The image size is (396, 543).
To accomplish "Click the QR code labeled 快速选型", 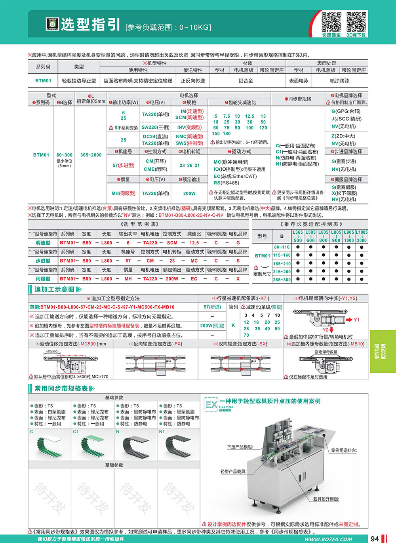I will [x=331, y=22].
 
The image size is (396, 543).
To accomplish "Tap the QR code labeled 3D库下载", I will [x=356, y=22].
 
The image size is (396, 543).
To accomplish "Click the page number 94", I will [x=375, y=538].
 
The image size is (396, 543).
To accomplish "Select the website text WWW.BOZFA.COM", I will [x=328, y=539].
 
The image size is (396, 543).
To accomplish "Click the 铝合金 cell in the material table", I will [x=246, y=81].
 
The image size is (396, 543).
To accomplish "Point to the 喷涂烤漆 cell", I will [x=339, y=81].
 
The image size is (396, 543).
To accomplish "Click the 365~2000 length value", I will [x=91, y=155].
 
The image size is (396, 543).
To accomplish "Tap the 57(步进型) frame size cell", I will [x=123, y=166].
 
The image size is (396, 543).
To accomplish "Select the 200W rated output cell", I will [x=189, y=194].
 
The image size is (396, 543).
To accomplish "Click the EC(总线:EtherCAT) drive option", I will [x=235, y=176].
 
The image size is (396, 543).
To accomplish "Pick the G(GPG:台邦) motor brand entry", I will [x=346, y=111].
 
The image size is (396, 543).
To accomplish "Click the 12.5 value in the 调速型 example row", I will [x=194, y=243].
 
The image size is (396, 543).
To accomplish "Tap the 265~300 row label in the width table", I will [x=282, y=280].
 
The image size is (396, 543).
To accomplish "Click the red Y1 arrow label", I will [x=356, y=320].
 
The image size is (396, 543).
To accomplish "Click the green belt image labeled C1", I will [x=92, y=446].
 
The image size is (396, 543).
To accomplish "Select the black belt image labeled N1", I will [x=178, y=446].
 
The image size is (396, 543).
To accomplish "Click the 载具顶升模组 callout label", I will [x=326, y=499].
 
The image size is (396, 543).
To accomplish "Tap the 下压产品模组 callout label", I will [x=240, y=447].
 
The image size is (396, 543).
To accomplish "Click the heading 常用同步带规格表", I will [x=61, y=389].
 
